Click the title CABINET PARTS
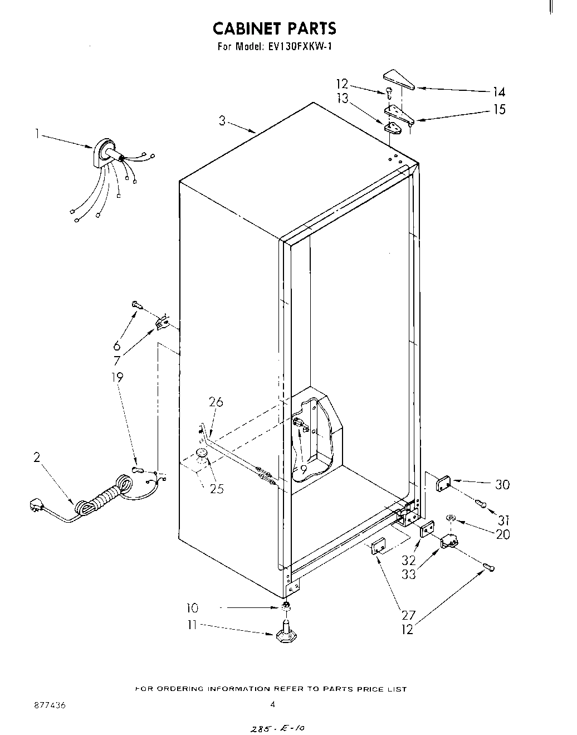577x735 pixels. pyautogui.click(x=275, y=28)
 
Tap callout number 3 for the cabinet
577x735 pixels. pyautogui.click(x=222, y=120)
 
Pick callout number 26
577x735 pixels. pyautogui.click(x=216, y=401)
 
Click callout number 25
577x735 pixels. pyautogui.click(x=217, y=489)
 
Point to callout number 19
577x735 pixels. pyautogui.click(x=117, y=377)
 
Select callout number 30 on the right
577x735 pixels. pyautogui.click(x=502, y=485)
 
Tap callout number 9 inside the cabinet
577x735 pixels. pyautogui.click(x=303, y=469)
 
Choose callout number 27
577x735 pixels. pyautogui.click(x=408, y=616)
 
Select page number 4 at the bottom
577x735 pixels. pyautogui.click(x=273, y=704)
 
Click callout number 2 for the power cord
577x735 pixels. pyautogui.click(x=37, y=457)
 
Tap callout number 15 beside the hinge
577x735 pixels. pyautogui.click(x=500, y=109)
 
